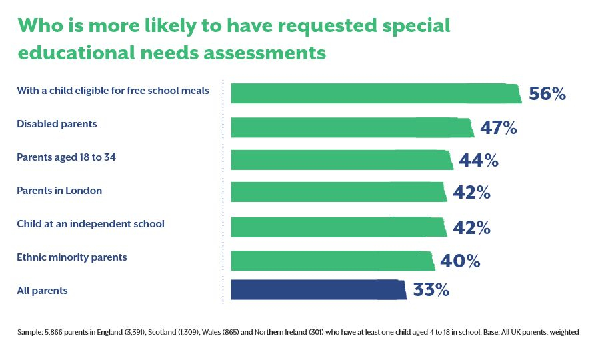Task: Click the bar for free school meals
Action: pyautogui.click(x=376, y=93)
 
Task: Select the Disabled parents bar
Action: pyautogui.click(x=352, y=127)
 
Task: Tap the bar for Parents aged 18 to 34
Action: pyautogui.click(x=342, y=160)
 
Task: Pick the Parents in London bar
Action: pyautogui.click(x=338, y=192)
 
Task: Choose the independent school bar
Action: pyautogui.click(x=338, y=227)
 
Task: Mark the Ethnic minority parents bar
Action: pyautogui.click(x=333, y=260)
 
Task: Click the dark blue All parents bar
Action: pyautogui.click(x=318, y=291)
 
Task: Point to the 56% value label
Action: pyautogui.click(x=547, y=94)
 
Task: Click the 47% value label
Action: pyautogui.click(x=499, y=128)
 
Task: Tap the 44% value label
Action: pyautogui.click(x=479, y=161)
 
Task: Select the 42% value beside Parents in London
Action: pyautogui.click(x=471, y=193)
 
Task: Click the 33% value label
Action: pyautogui.click(x=431, y=291)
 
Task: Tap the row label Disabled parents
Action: pyautogui.click(x=57, y=124)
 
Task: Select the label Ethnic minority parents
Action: pyautogui.click(x=71, y=257)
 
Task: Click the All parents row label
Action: pyautogui.click(x=42, y=291)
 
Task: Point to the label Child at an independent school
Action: pyautogui.click(x=90, y=224)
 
